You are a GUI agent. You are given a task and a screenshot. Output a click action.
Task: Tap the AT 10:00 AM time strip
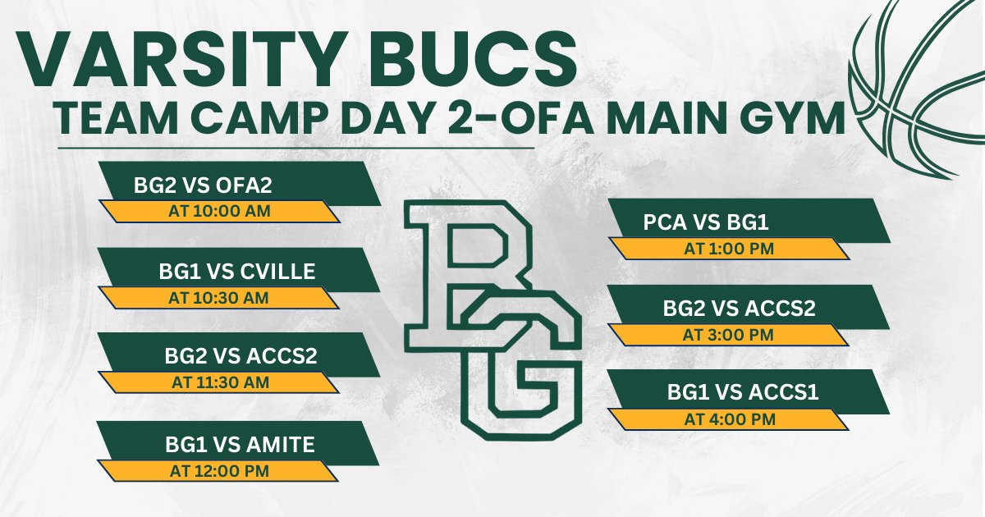(219, 212)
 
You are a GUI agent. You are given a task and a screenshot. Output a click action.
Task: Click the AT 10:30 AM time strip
(219, 298)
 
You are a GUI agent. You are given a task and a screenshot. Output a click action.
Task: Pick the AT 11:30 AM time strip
(219, 382)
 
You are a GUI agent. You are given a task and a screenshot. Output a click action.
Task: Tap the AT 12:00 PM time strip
(219, 471)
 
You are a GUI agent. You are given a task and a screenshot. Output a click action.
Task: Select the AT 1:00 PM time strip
(729, 249)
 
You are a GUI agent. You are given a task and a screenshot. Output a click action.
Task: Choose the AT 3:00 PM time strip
(729, 335)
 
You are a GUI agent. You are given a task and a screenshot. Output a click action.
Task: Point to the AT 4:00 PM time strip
(729, 419)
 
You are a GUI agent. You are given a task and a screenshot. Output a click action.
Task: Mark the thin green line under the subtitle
(295, 149)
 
